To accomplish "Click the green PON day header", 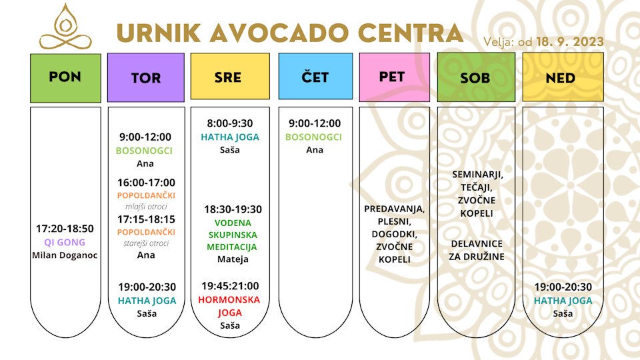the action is (x=65, y=78).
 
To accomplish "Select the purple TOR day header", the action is (x=146, y=77).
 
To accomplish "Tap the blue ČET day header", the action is (x=315, y=76).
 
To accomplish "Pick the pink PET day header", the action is (x=394, y=77).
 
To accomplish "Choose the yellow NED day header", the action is (x=563, y=77).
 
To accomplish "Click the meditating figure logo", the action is (x=65, y=27).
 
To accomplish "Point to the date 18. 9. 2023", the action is (x=570, y=41).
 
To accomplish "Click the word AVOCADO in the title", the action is (x=279, y=33).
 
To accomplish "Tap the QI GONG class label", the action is (x=65, y=242).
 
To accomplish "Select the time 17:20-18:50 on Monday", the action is (x=65, y=229).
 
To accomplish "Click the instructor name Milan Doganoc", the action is (x=65, y=255).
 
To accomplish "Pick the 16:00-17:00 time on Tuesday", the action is (x=146, y=183).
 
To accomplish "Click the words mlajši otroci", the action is (x=146, y=207).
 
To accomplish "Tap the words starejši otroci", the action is (x=146, y=243).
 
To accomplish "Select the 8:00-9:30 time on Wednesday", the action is (x=230, y=123).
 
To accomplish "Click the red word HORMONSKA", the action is (x=229, y=299).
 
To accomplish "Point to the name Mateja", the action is (x=233, y=259).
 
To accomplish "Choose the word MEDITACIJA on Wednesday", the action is (x=231, y=247).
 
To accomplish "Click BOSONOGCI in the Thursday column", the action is (x=313, y=137).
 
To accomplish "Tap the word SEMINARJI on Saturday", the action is (x=477, y=175).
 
